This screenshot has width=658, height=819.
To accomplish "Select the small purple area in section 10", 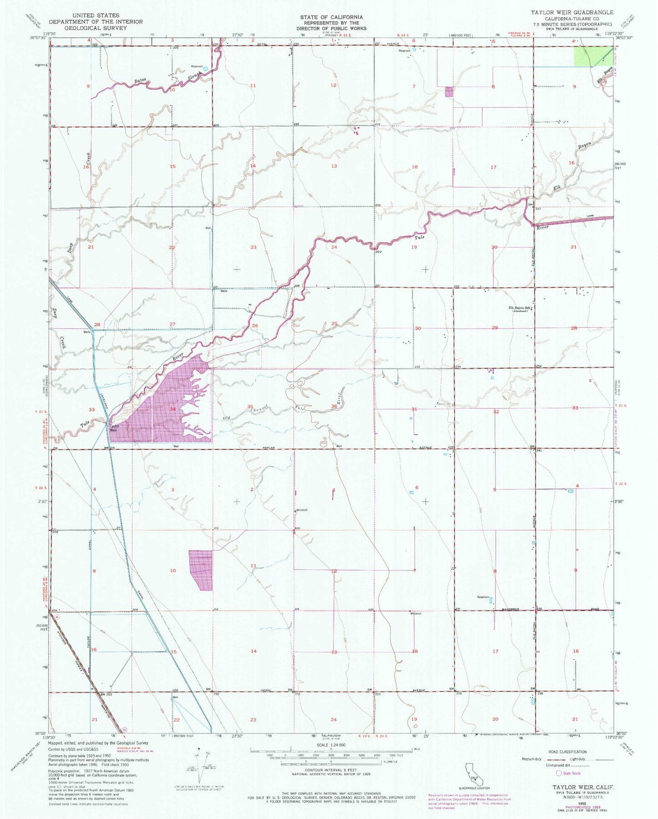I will (x=201, y=570).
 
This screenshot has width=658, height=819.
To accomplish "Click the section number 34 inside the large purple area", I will (x=173, y=409).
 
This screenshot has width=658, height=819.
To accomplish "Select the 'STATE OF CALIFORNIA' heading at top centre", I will (x=331, y=17).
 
